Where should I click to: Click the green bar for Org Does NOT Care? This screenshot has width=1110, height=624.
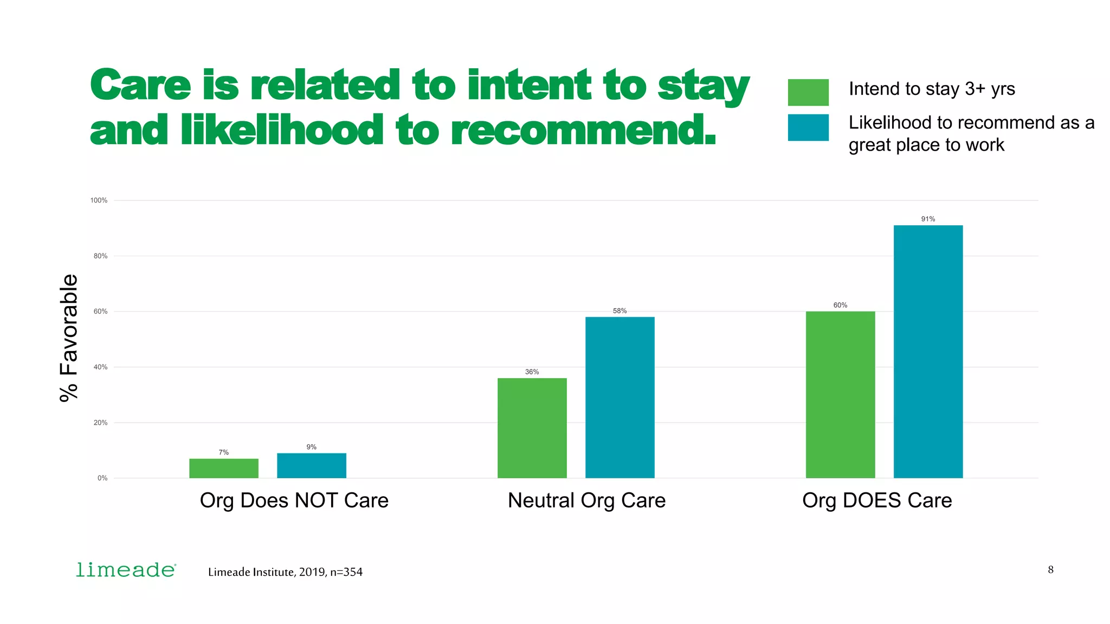(x=223, y=468)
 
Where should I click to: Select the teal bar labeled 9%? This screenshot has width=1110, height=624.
(x=311, y=465)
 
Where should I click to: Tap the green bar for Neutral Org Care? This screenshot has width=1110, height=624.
(x=532, y=428)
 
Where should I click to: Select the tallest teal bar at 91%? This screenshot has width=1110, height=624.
(x=928, y=352)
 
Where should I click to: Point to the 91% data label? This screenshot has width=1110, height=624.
(x=928, y=219)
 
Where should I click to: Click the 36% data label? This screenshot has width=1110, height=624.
(x=532, y=372)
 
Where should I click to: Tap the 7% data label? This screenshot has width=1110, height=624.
(x=223, y=452)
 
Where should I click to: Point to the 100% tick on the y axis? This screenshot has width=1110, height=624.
(x=99, y=200)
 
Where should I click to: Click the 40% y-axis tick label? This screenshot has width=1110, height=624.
(x=100, y=367)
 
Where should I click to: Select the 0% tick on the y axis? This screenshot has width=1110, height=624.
(x=102, y=478)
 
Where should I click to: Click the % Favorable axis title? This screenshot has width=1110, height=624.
(x=69, y=337)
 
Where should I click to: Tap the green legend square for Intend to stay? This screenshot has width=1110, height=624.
(x=808, y=92)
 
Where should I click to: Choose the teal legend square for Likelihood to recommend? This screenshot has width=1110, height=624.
(x=808, y=127)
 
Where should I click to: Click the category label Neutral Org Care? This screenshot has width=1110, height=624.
(x=586, y=500)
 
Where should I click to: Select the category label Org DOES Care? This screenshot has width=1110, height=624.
(x=876, y=500)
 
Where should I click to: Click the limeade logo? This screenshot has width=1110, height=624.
(x=126, y=570)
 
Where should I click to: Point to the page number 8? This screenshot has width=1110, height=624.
(x=1050, y=569)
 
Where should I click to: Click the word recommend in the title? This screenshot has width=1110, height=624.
(x=583, y=131)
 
